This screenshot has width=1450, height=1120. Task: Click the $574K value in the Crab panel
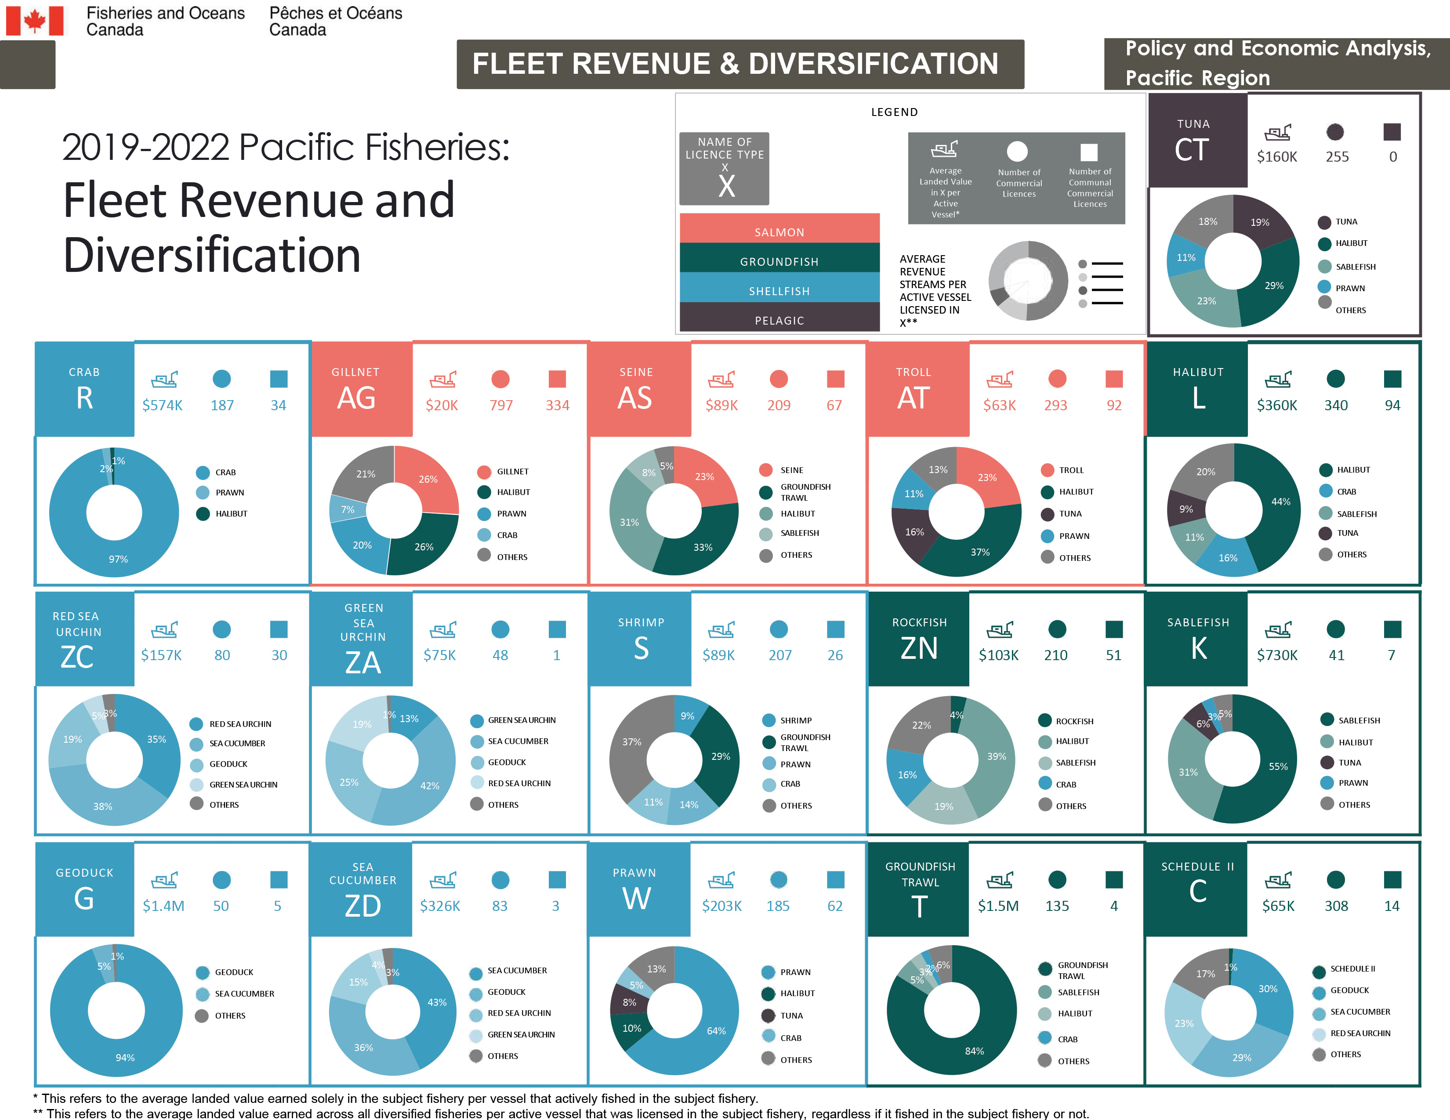[162, 405]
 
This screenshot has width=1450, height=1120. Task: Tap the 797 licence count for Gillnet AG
[501, 405]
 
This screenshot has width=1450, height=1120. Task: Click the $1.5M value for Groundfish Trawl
[998, 906]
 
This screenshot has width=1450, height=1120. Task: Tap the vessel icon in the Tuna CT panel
[1277, 132]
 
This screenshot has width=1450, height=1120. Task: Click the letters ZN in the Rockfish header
[919, 648]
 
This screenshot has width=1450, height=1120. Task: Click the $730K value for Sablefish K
[1277, 655]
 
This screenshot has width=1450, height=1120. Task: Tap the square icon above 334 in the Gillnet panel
[557, 379]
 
